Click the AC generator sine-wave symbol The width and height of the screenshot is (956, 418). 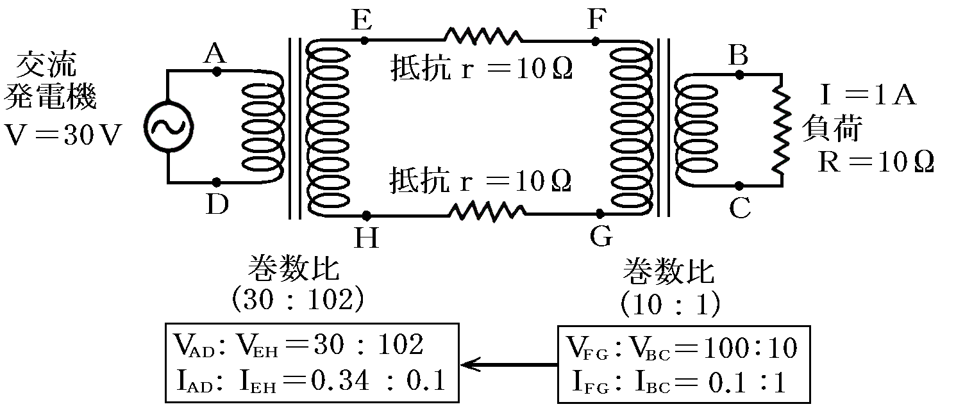pos(168,126)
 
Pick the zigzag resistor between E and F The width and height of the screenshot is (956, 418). pos(484,36)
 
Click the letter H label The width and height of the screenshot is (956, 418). pos(366,238)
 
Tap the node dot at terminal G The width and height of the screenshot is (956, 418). pos(601,214)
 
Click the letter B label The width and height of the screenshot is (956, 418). pos(739,56)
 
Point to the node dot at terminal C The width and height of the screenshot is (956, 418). pos(741,186)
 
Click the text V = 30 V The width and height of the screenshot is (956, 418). pos(62,136)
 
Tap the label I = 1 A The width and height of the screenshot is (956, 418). pos(868,96)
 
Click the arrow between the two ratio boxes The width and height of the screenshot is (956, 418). pos(510,365)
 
